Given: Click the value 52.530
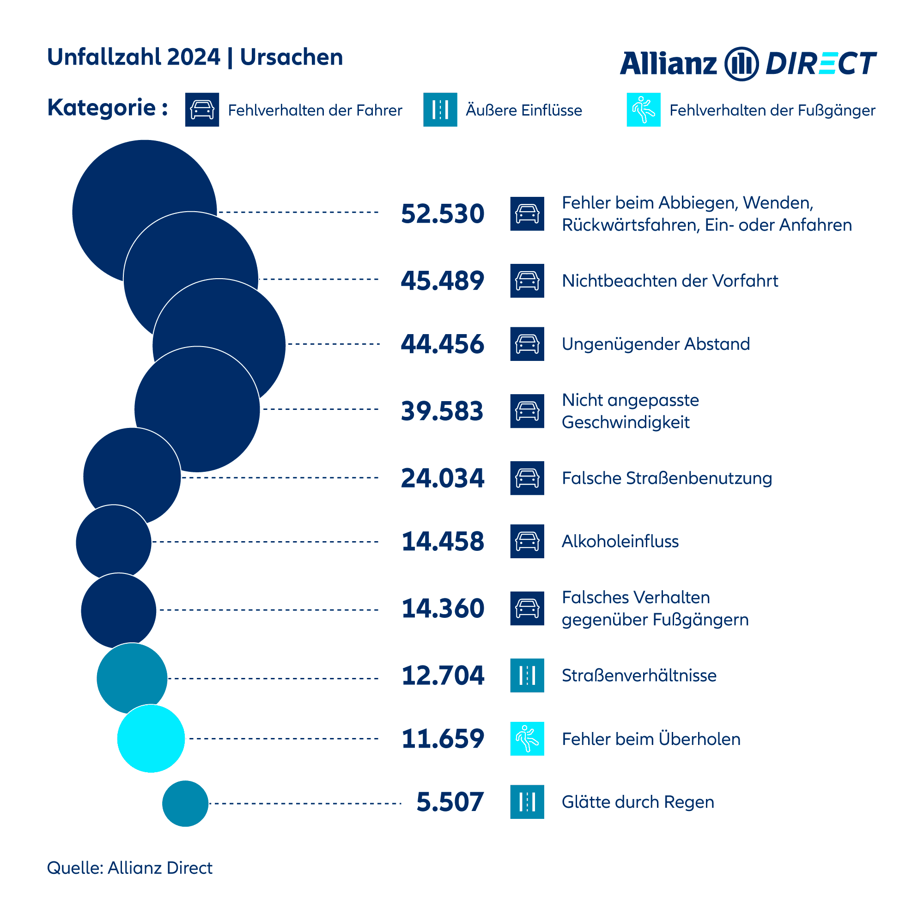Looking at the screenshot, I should (x=443, y=214).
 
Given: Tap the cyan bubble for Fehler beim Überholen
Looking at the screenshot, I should (x=151, y=738).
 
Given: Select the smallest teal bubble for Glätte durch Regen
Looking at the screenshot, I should (x=185, y=804).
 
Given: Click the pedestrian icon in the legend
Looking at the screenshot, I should (x=643, y=110).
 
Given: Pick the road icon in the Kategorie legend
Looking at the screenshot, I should (x=440, y=110).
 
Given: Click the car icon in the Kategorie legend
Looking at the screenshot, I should (x=202, y=110).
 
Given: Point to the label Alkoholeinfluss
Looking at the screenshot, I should (x=620, y=542).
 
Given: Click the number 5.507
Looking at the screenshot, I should (x=450, y=802).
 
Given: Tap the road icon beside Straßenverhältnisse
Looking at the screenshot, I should (x=527, y=675).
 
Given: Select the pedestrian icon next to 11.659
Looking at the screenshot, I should (x=527, y=738).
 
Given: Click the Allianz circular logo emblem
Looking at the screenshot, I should (x=742, y=64).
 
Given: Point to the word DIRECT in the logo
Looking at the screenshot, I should (x=821, y=64).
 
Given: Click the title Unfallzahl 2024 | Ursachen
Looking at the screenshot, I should (x=195, y=57).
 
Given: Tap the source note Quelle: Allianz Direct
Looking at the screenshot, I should (x=130, y=868).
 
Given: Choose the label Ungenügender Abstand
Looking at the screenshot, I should (x=656, y=344).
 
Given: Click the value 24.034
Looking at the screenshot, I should (x=443, y=478).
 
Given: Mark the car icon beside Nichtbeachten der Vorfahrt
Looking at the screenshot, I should (x=527, y=281).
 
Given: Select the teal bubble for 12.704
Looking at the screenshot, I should (x=132, y=678).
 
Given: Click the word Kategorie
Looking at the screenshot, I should (x=102, y=108).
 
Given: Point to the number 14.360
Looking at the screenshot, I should (x=443, y=609).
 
